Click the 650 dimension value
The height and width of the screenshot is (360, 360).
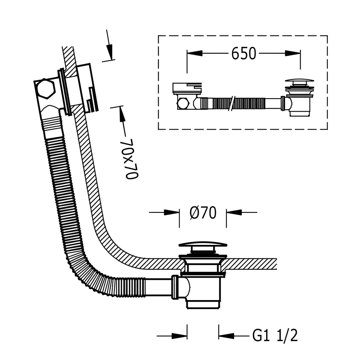[244, 54]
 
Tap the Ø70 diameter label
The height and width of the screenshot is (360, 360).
[203, 213]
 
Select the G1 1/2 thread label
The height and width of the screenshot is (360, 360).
[275, 336]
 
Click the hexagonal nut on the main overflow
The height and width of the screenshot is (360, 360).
[45, 89]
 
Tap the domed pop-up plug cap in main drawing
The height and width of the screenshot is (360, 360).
[203, 245]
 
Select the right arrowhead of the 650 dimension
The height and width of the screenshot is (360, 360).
[293, 53]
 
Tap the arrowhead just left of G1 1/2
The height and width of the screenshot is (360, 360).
[226, 336]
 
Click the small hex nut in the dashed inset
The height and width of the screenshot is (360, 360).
[183, 104]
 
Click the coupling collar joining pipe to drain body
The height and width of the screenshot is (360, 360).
[176, 287]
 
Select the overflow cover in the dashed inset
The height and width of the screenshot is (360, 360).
[187, 88]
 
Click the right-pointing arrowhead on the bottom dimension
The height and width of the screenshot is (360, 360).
[179, 336]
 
